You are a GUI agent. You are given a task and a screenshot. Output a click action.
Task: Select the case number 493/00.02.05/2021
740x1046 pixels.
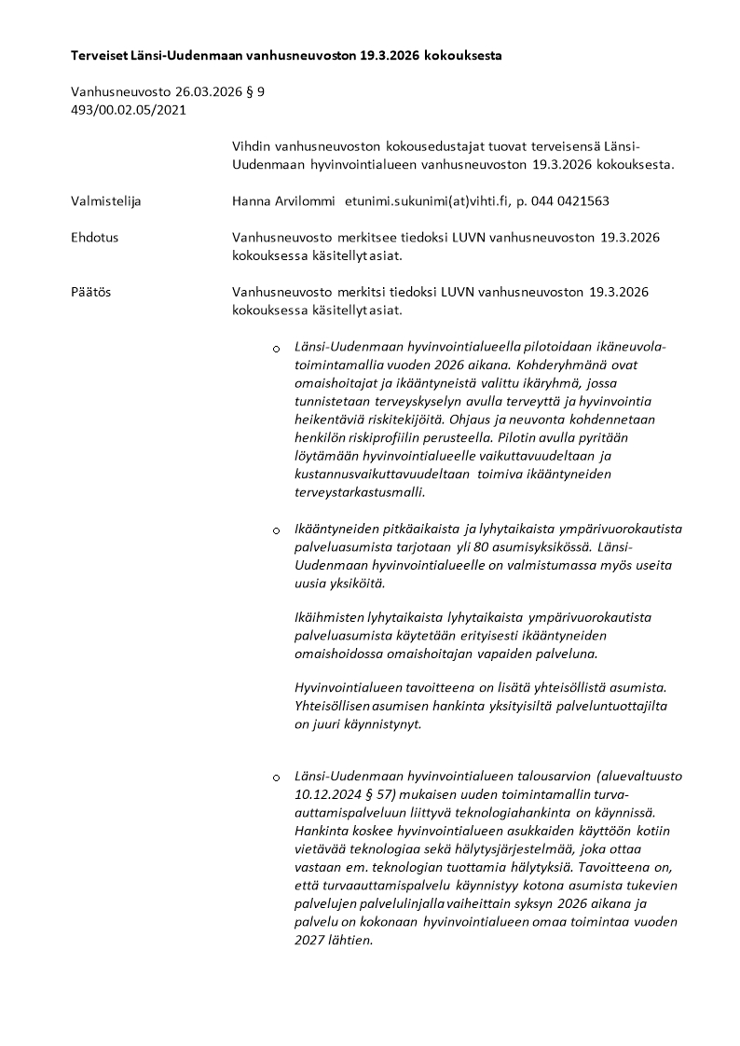[x=129, y=109]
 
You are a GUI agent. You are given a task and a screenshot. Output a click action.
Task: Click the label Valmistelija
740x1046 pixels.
[x=106, y=201]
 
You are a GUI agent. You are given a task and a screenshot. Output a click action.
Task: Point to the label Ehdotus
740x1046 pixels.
[x=94, y=238]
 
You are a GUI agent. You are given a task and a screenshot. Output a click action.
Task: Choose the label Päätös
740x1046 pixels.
[x=90, y=292]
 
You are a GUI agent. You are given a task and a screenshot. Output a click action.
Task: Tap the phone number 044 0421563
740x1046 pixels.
[x=572, y=201]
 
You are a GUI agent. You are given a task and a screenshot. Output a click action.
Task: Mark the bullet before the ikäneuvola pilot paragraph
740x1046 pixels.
[x=276, y=349]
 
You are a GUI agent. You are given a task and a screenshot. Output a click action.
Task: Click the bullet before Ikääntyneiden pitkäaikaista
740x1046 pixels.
[x=276, y=530]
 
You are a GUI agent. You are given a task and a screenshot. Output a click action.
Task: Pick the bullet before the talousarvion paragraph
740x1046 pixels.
[x=276, y=777]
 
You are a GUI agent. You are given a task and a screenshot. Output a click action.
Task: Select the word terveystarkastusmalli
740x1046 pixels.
[x=359, y=492]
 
